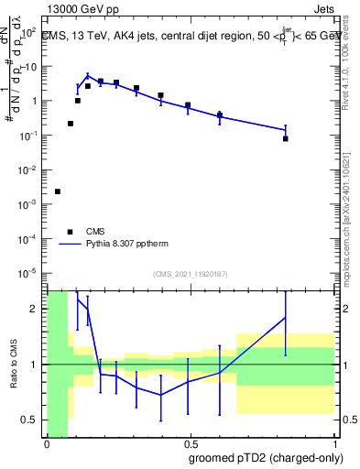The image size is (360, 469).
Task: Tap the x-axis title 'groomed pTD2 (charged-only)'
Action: (x=265, y=458)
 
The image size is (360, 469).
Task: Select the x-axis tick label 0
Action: (x=47, y=442)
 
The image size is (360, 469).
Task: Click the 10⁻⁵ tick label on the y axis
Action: (x=29, y=272)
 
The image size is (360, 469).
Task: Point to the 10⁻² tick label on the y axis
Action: (x=29, y=169)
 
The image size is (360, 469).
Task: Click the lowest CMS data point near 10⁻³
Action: (x=58, y=191)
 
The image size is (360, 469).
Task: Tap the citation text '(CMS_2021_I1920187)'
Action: (x=191, y=273)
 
